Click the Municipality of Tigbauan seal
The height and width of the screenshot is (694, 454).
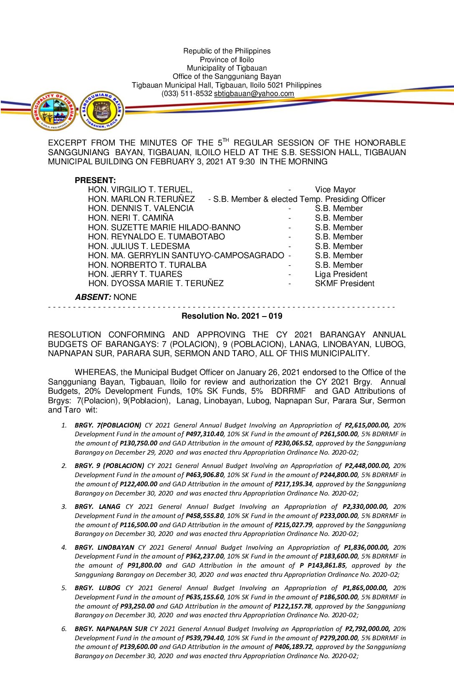coord(53,111)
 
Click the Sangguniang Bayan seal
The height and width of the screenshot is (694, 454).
coord(102,111)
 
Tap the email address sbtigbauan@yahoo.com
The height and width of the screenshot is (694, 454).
coord(254,94)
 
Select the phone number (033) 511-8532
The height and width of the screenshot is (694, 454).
coord(187,94)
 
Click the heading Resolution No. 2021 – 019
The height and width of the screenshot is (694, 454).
coord(232,316)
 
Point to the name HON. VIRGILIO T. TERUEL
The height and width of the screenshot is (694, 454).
coord(140,190)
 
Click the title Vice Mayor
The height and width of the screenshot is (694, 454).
coord(335,190)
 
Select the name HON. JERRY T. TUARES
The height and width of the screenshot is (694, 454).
coord(135,274)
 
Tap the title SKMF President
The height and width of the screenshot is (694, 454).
coord(344,284)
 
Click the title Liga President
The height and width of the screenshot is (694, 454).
coord(341,274)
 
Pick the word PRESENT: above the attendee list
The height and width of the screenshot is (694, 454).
coord(95,181)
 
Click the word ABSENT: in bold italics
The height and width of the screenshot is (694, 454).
coord(93,297)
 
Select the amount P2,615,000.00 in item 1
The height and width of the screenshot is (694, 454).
coord(367,425)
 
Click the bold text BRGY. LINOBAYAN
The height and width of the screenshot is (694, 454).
coord(104,548)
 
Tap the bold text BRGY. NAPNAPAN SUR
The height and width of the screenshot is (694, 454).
coord(111,629)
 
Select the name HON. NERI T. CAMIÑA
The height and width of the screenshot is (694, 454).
coord(130,218)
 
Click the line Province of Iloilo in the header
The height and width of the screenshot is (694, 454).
coord(227,60)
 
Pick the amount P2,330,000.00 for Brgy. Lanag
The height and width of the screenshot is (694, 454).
coord(365,507)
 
